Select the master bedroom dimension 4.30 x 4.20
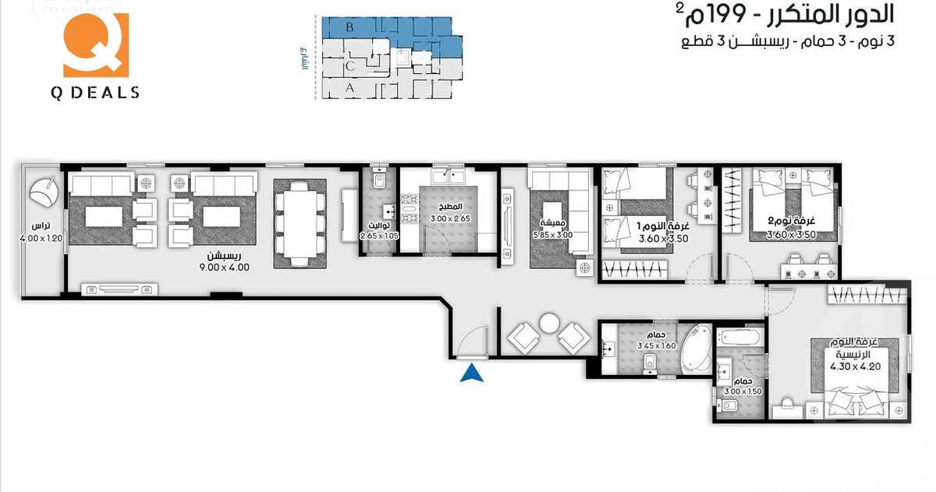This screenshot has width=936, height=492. point(855,366)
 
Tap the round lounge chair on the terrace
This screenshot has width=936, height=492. point(43,192)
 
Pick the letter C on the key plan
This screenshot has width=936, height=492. point(350,66)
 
